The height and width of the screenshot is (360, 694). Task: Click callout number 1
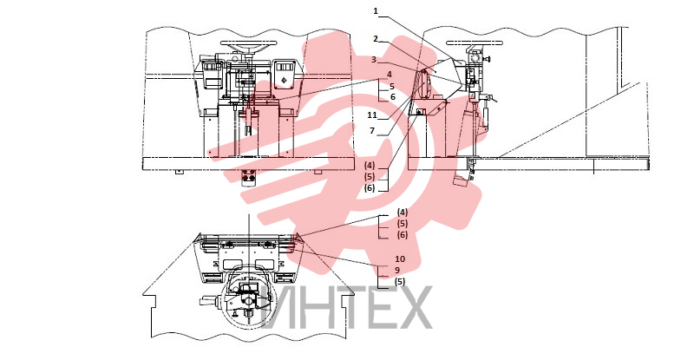point(376,11)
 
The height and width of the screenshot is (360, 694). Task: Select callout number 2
point(376,39)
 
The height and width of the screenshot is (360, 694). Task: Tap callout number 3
point(374,59)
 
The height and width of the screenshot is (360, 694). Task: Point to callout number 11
point(372,115)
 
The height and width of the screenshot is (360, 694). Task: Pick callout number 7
point(372,131)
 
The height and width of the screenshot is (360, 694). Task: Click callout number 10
point(400,259)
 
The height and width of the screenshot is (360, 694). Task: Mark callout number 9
point(397,270)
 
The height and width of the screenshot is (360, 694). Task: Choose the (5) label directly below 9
point(400,282)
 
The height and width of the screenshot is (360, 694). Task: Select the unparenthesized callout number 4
point(390,75)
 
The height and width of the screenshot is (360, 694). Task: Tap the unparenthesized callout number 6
point(393,97)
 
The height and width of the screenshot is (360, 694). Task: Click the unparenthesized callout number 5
point(392,87)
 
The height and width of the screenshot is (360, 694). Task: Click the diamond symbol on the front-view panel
point(284,80)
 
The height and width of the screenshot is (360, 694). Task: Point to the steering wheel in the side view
point(475,43)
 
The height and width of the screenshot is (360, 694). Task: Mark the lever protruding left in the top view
point(207,301)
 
